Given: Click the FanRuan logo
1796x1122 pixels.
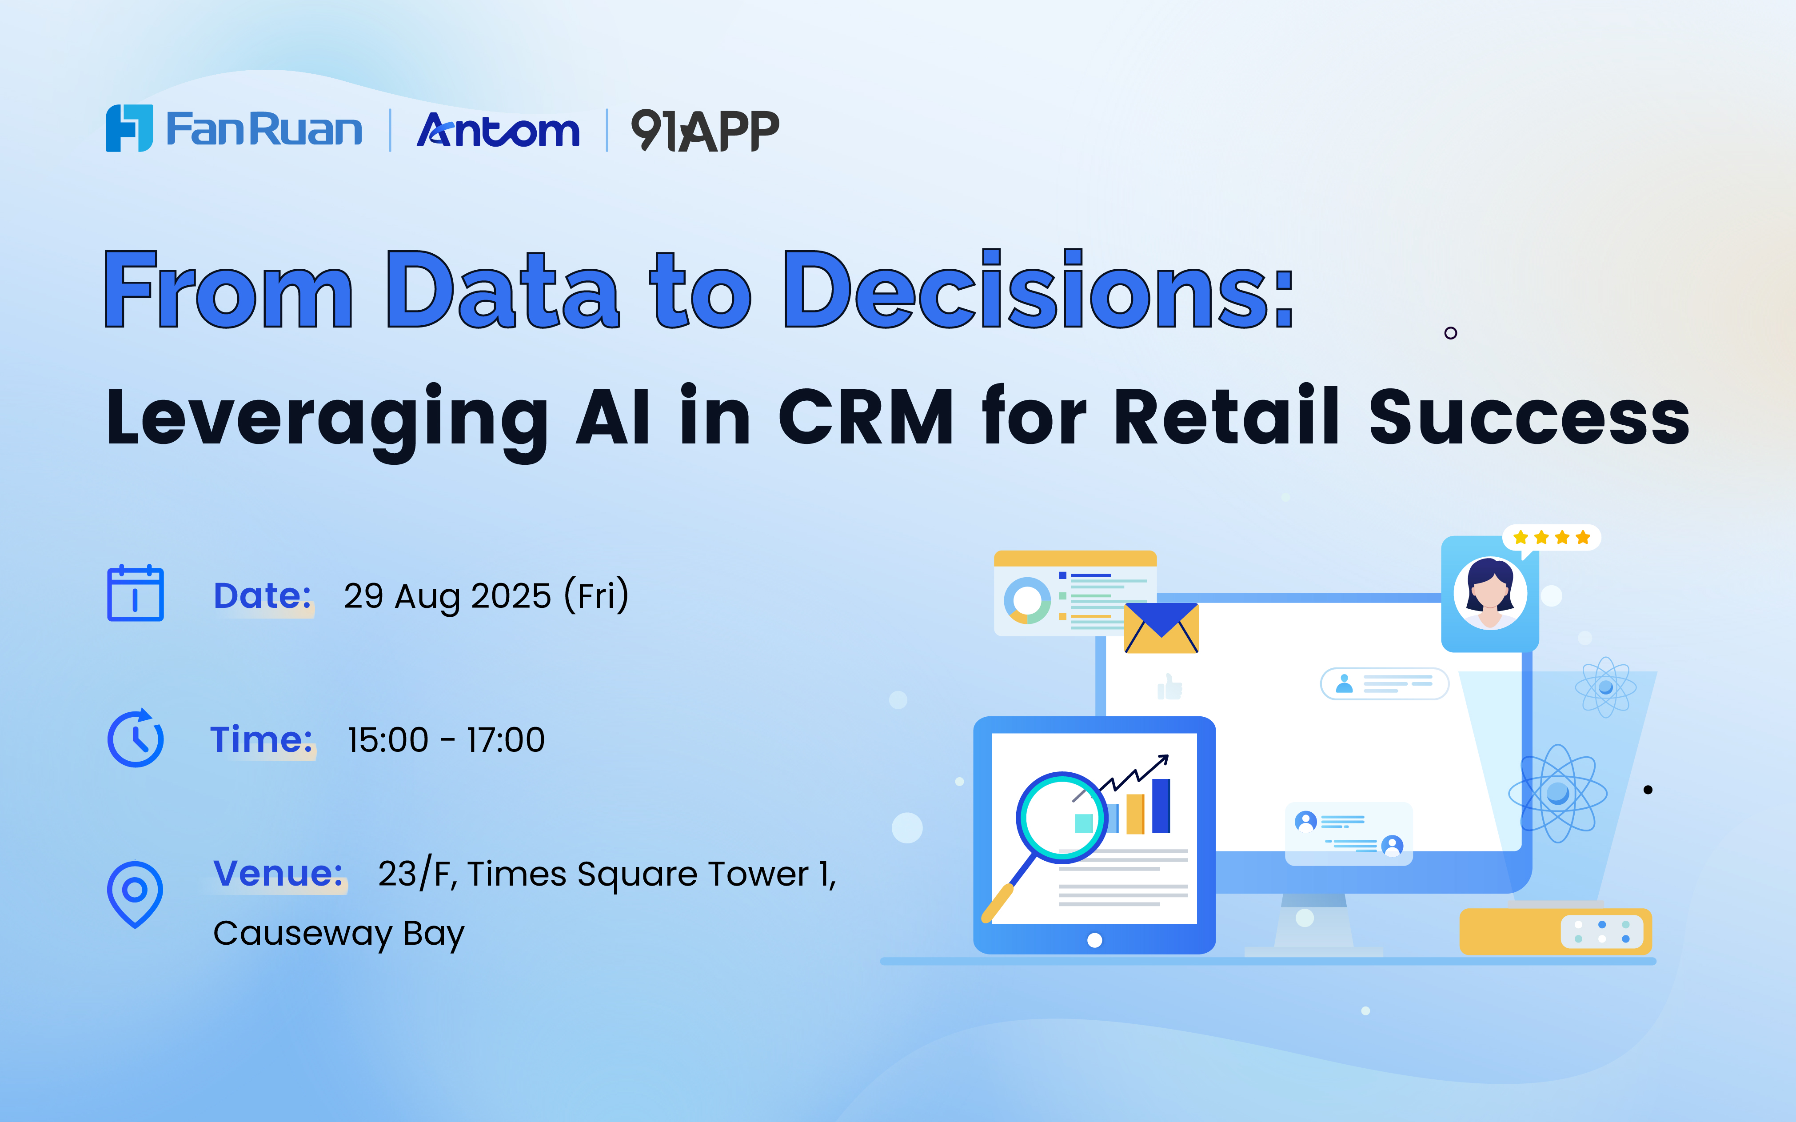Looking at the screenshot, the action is coord(234,128).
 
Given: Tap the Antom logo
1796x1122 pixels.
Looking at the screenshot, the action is coord(498,130).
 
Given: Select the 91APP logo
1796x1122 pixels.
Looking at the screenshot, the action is coord(705,130).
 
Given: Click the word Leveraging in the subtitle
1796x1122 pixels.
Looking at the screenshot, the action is coord(327,422).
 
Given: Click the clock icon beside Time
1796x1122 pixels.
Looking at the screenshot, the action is coord(135,738).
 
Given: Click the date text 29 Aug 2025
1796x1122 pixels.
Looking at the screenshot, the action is coord(447,595).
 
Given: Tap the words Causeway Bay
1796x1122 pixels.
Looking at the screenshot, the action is coord(338,934).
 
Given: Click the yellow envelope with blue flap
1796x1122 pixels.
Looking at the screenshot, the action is coord(1161,628).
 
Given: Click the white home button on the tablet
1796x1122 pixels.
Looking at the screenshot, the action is coord(1094,940).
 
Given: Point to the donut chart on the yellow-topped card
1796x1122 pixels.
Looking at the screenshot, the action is coord(1027,600).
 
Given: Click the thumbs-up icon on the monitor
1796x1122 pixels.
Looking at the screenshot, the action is coord(1170,687).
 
